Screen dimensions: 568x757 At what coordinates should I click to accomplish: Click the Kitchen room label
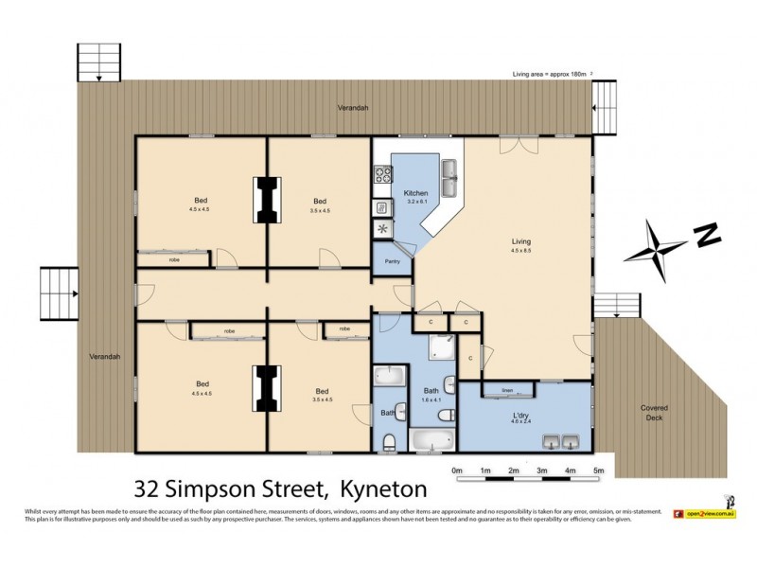tap(417, 192)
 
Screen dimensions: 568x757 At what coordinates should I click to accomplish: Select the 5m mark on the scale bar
tap(599, 470)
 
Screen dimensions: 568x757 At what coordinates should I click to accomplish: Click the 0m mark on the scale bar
tap(457, 470)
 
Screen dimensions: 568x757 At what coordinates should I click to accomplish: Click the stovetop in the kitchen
tap(383, 175)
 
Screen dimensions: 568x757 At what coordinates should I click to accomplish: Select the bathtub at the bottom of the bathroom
tap(431, 439)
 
